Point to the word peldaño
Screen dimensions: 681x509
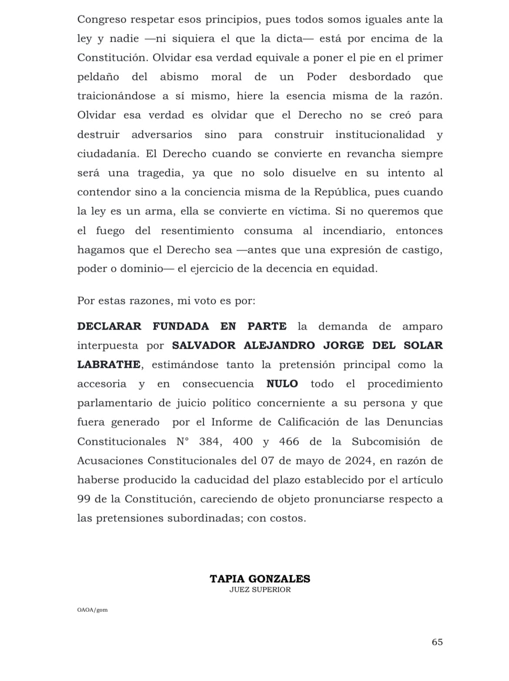(x=98, y=77)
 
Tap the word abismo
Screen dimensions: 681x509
(x=179, y=77)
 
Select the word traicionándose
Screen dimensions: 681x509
(x=116, y=96)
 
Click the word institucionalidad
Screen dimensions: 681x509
(x=380, y=134)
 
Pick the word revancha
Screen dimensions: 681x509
(x=371, y=154)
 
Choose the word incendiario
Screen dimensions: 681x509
(x=353, y=231)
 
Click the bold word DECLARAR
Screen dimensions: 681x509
(x=109, y=327)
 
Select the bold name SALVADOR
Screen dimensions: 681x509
(x=204, y=346)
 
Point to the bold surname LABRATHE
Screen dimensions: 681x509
(x=109, y=365)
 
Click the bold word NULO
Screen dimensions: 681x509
(x=282, y=384)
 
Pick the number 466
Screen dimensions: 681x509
(x=289, y=442)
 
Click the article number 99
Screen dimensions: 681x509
(x=84, y=499)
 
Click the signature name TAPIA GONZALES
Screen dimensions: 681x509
(x=260, y=579)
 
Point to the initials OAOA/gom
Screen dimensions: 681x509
(x=92, y=610)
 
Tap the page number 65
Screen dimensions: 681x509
(x=437, y=642)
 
